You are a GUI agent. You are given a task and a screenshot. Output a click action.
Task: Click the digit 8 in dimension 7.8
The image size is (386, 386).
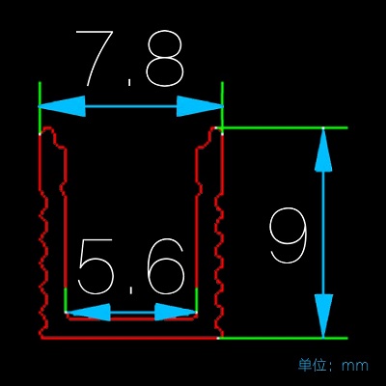[165, 58]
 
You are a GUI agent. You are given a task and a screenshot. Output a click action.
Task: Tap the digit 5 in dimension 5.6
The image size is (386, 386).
[95, 266]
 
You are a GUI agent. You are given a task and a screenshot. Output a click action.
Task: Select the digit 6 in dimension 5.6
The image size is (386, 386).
[165, 266]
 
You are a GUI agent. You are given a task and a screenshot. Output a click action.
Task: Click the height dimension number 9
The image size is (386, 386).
[289, 234]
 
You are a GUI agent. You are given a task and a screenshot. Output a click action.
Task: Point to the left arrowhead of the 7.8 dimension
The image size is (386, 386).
[62, 106]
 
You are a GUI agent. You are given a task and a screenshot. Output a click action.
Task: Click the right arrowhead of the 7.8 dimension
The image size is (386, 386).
[200, 106]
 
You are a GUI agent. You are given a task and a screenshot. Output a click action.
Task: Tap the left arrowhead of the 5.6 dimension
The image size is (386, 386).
[88, 312]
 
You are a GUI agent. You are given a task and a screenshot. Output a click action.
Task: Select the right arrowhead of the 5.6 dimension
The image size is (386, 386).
[176, 312]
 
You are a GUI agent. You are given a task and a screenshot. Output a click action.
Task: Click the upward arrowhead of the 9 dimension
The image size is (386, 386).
[323, 150]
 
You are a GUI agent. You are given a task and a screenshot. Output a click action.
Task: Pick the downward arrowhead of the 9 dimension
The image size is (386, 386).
[323, 317]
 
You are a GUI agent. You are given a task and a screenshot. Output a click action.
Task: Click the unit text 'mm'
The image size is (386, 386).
[355, 366]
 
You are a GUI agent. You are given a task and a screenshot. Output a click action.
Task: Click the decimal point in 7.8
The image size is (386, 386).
[129, 81]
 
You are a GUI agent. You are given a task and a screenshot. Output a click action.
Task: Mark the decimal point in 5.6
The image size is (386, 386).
[131, 290]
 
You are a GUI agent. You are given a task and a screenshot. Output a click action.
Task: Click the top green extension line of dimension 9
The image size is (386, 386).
[285, 128]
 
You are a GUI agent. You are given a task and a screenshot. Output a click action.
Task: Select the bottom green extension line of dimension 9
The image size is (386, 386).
[284, 338]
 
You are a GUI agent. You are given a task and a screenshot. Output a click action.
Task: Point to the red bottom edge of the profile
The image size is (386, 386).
[129, 338]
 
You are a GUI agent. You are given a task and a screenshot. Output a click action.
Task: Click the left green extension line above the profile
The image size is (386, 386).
[40, 107]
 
